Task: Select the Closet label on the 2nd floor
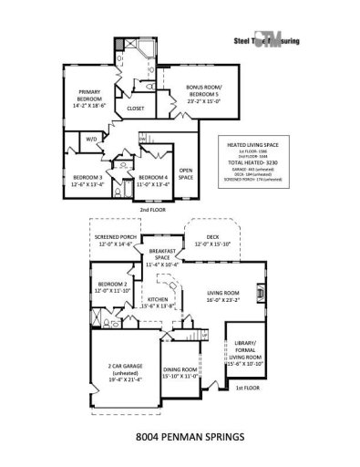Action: [136, 108]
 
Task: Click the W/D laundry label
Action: [91, 140]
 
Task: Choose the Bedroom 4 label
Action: [153, 180]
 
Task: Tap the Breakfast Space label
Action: [160, 260]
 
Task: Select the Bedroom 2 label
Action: [114, 287]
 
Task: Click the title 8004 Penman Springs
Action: [184, 437]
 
